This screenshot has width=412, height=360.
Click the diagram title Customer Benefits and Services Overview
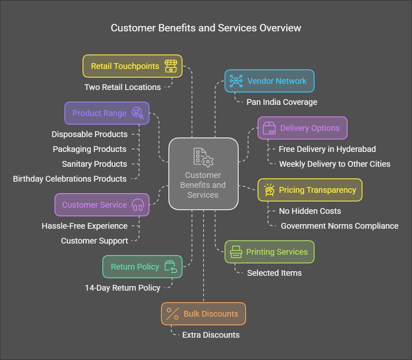click(206, 28)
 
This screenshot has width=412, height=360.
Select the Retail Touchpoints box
click(132, 66)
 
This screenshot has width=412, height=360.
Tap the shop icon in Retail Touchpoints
click(170, 66)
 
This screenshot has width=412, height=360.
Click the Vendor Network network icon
click(236, 81)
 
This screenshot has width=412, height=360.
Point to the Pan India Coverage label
click(282, 102)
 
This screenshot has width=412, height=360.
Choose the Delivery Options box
click(302, 128)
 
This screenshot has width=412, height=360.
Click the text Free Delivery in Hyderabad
click(327, 149)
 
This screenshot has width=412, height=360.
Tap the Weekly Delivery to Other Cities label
click(334, 164)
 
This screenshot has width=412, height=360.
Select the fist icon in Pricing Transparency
click(269, 190)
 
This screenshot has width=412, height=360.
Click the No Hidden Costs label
click(310, 211)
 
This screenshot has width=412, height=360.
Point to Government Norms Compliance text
click(339, 226)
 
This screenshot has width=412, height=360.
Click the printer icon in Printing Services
click(236, 252)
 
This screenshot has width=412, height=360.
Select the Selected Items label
click(274, 273)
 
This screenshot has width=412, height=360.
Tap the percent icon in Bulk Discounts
click(173, 314)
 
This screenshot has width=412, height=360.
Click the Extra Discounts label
click(211, 335)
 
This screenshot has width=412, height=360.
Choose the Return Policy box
click(142, 267)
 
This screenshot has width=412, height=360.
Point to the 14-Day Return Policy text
click(123, 288)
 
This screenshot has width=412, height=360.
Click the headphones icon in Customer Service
click(137, 205)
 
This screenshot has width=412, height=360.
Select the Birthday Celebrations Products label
click(70, 179)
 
